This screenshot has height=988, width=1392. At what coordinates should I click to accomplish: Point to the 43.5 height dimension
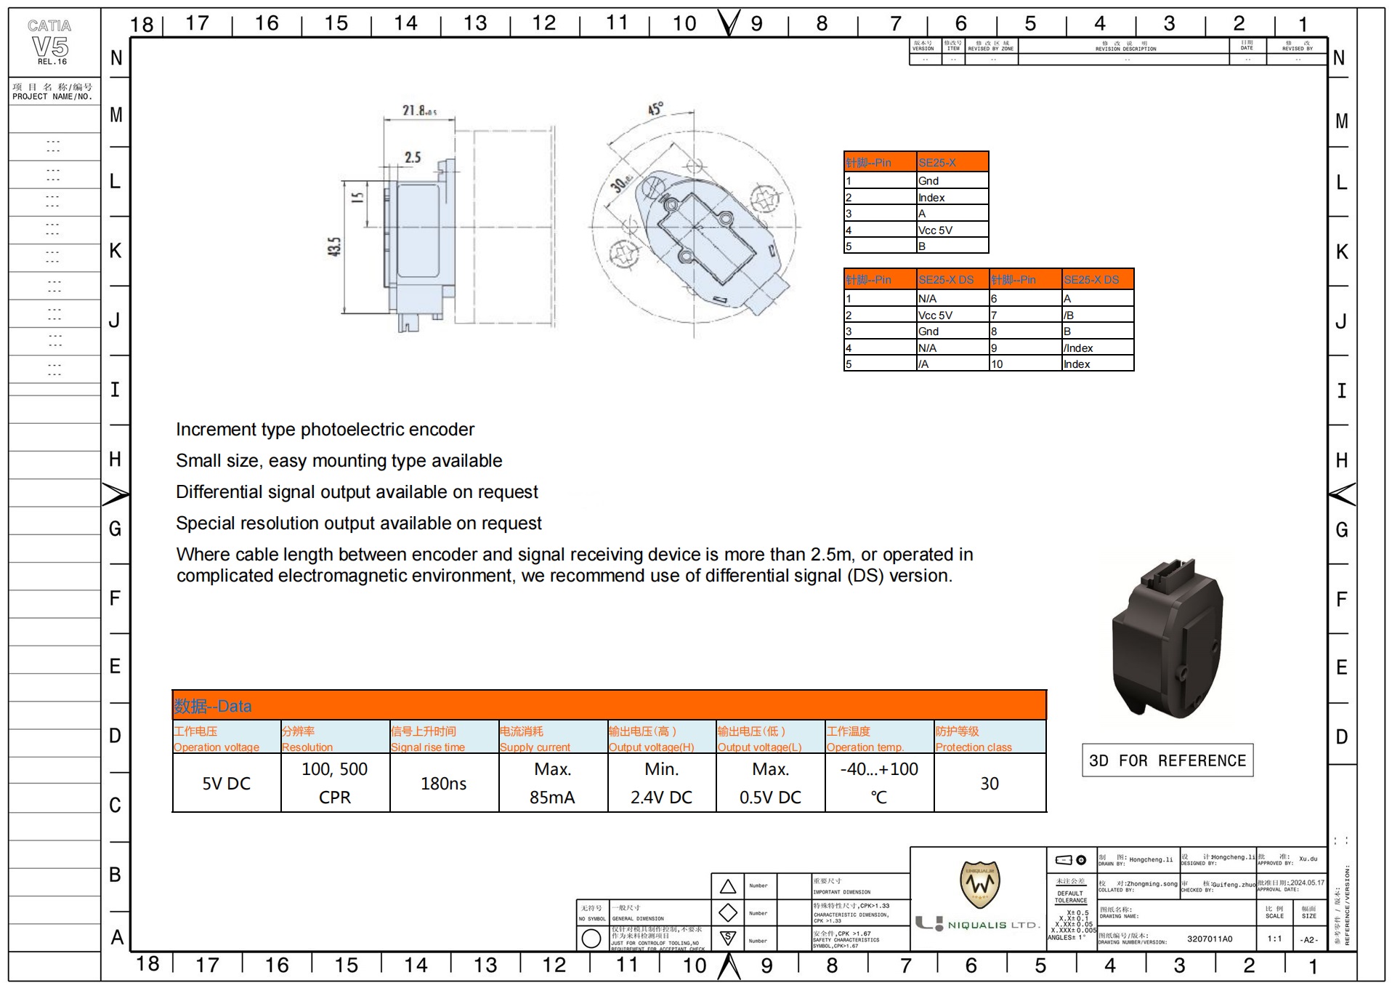(333, 248)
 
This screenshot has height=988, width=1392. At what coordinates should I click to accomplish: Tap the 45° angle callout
(655, 109)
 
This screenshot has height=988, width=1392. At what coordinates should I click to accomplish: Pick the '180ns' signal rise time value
(443, 784)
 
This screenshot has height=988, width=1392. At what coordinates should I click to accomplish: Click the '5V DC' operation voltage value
(226, 784)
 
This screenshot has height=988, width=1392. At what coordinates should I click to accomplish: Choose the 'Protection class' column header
(974, 747)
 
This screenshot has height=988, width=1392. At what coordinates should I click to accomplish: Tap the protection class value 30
(990, 784)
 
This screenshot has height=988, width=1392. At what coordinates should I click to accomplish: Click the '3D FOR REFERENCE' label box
(1167, 761)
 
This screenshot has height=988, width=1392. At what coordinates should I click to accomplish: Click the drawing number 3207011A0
(1210, 939)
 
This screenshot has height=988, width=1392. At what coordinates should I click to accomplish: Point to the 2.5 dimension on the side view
(413, 158)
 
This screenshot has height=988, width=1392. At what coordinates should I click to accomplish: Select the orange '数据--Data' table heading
(213, 706)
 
